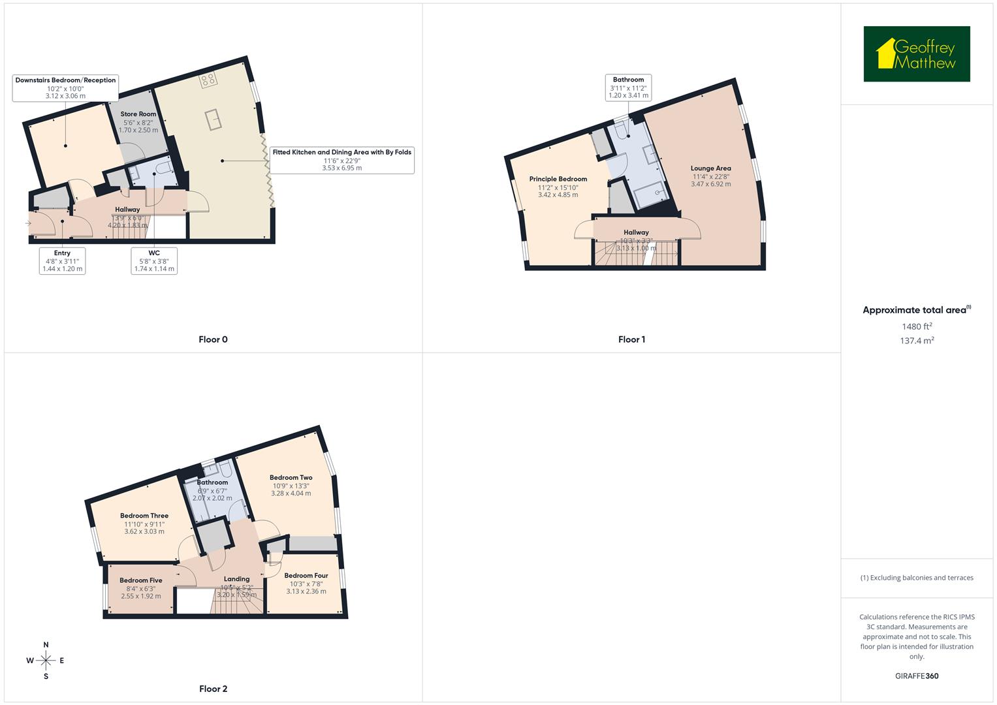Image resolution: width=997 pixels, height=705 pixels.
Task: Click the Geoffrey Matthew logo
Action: pos(916,54)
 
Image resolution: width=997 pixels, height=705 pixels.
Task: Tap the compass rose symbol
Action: pos(46,661)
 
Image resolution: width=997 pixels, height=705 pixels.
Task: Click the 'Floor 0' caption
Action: pos(213,339)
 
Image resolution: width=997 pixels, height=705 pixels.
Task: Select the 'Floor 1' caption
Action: pos(631,339)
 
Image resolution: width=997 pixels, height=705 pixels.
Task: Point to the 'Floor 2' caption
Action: pos(213,689)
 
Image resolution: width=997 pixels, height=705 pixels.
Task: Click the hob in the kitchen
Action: pos(208,80)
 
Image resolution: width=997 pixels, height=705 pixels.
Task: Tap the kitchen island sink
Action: pos(213,120)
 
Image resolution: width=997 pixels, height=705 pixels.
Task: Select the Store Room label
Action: pos(138,114)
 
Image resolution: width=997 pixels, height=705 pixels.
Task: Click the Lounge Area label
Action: pos(710,168)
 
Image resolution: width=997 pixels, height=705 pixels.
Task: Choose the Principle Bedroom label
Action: pos(558,179)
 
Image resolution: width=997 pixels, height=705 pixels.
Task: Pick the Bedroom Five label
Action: pos(140,580)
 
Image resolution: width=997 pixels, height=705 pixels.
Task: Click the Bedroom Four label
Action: pos(306,576)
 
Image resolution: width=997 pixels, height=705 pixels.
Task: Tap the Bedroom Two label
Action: pos(291,478)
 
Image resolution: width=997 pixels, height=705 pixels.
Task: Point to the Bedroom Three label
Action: pos(144,516)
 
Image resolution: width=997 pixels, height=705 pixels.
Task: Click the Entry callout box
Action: pos(62,260)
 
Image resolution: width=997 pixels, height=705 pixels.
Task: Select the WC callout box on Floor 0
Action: pos(153,260)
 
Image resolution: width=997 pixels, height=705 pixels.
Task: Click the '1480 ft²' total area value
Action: pos(916,326)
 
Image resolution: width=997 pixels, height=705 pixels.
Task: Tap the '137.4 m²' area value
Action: pos(916,341)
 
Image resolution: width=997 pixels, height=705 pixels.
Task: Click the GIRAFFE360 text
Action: pos(916,676)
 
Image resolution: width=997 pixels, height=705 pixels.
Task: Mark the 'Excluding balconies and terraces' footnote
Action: pos(917,578)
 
